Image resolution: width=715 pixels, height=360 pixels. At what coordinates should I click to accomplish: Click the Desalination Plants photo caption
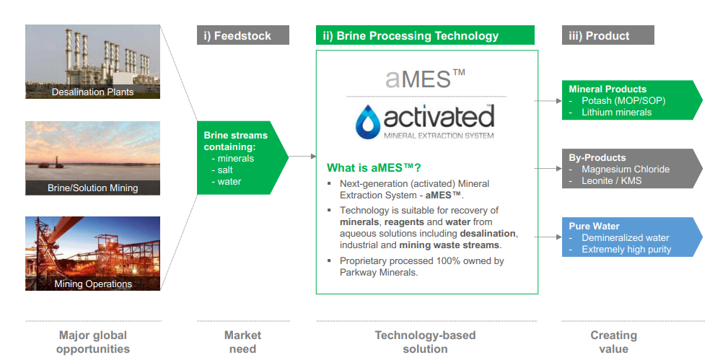pos(92,92)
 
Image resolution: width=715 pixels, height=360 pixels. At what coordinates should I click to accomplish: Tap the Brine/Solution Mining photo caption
pos(92,188)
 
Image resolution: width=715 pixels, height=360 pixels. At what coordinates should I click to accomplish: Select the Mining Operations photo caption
pos(93,284)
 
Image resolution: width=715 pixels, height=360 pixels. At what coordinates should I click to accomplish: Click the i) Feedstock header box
pos(243,35)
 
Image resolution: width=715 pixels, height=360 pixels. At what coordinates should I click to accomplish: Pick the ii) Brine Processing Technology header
pos(425,35)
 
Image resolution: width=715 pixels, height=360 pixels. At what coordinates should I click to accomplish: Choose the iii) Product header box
pos(607,35)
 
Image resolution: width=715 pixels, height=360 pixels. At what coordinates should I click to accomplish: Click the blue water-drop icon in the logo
pos(367,122)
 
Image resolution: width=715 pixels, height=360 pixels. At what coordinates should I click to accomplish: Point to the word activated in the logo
pos(439,117)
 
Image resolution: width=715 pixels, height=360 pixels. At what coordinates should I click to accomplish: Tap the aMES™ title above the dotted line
pos(425,79)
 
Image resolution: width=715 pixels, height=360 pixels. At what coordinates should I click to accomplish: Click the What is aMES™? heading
pos(374,167)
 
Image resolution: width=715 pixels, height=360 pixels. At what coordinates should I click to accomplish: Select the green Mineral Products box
pos(632,100)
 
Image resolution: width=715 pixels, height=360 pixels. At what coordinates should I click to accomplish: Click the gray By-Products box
pos(632,169)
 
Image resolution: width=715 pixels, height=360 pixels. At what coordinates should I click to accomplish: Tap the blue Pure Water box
pos(632,237)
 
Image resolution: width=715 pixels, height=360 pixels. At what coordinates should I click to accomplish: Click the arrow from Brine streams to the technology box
pos(302,157)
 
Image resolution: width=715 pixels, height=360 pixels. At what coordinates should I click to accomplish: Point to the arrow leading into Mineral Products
pos(548,101)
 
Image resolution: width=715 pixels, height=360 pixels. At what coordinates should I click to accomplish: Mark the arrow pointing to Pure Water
pos(548,237)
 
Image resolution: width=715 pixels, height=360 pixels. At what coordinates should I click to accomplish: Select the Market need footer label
pos(242,342)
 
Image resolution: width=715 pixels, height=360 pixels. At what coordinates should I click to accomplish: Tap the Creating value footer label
pos(614,342)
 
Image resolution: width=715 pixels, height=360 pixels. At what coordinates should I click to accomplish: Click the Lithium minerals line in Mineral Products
pos(616,112)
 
